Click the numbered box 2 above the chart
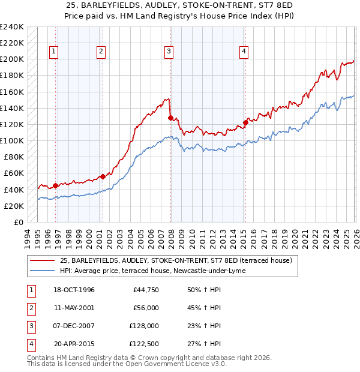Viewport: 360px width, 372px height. tap(101, 52)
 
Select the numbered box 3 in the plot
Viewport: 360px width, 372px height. tap(169, 52)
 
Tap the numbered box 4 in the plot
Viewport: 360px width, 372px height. tap(244, 52)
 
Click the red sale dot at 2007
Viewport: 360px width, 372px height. tap(171, 118)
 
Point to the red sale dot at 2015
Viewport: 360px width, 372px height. tap(245, 122)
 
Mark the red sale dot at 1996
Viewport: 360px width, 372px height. tap(56, 185)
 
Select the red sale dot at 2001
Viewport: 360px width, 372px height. tap(103, 176)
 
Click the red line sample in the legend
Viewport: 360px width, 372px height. tap(43, 260)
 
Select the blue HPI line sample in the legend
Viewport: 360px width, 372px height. tap(43, 271)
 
